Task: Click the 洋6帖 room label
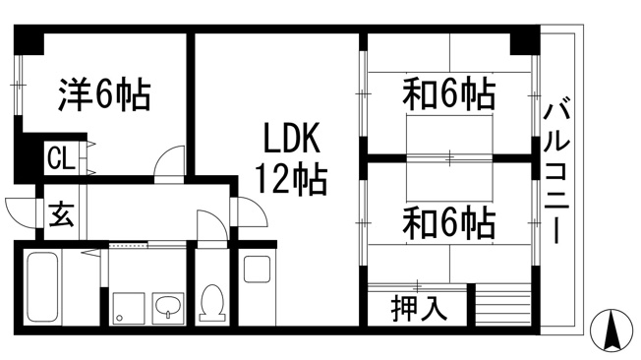(104, 94)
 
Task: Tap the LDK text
(290, 138)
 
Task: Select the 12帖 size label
(291, 179)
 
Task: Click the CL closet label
(61, 157)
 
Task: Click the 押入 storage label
(419, 308)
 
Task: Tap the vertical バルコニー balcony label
(556, 172)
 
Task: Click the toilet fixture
(212, 303)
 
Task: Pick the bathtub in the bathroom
(42, 287)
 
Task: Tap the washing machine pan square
(129, 309)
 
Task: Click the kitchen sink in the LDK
(257, 269)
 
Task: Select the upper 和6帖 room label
(449, 93)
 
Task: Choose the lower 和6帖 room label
(449, 223)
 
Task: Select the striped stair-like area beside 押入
(503, 305)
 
